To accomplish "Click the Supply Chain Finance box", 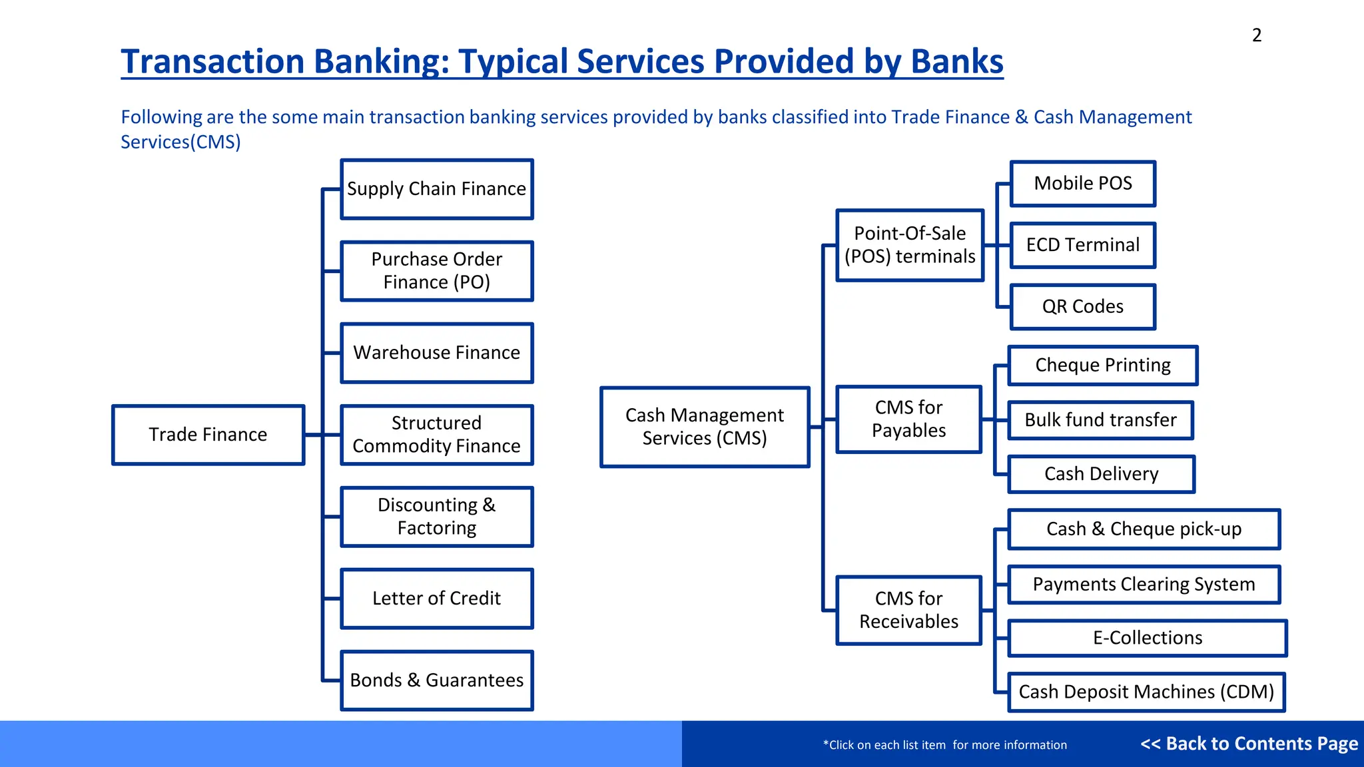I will pyautogui.click(x=437, y=189).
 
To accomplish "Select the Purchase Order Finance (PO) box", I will pyautogui.click(x=437, y=271).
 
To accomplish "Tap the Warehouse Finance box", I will pyautogui.click(x=437, y=353).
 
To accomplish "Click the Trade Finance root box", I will pyautogui.click(x=208, y=435).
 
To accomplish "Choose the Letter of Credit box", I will pyautogui.click(x=437, y=599).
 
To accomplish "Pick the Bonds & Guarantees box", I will pyautogui.click(x=437, y=680).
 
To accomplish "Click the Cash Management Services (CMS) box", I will pyautogui.click(x=705, y=427).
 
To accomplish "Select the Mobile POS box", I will pyautogui.click(x=1083, y=184).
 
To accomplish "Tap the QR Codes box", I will pyautogui.click(x=1083, y=307).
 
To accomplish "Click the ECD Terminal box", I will pyautogui.click(x=1083, y=245).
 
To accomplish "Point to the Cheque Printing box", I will pyautogui.click(x=1103, y=366).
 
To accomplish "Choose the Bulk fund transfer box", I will pyautogui.click(x=1100, y=420).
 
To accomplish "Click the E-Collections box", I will pyautogui.click(x=1148, y=638).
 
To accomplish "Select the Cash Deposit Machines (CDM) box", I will pyautogui.click(x=1146, y=692).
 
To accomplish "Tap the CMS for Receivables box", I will pyautogui.click(x=908, y=610).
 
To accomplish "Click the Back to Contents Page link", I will pyautogui.click(x=1249, y=744).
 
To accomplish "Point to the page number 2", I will pyautogui.click(x=1257, y=35).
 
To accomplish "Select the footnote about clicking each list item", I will pyautogui.click(x=944, y=745).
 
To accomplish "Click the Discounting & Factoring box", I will pyautogui.click(x=437, y=517).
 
